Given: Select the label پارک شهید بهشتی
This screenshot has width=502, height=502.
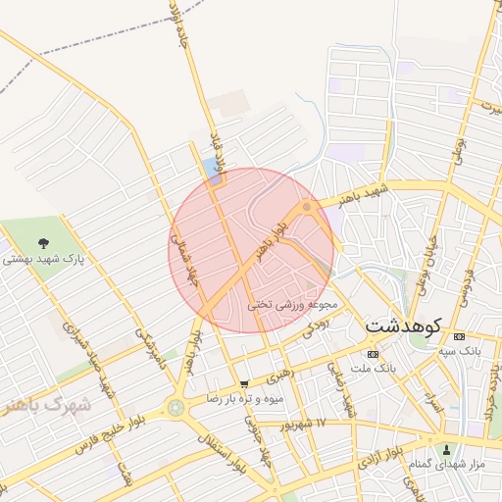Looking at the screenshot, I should coord(43,261).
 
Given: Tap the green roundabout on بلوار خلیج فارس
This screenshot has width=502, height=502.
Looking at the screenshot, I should coord(176,407).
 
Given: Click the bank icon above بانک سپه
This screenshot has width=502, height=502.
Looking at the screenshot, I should coord(461,336).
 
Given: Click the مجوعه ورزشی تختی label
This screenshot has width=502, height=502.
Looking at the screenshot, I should coord(294,304).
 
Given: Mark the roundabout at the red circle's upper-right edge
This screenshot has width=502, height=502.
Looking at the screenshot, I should coord(308,206).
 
